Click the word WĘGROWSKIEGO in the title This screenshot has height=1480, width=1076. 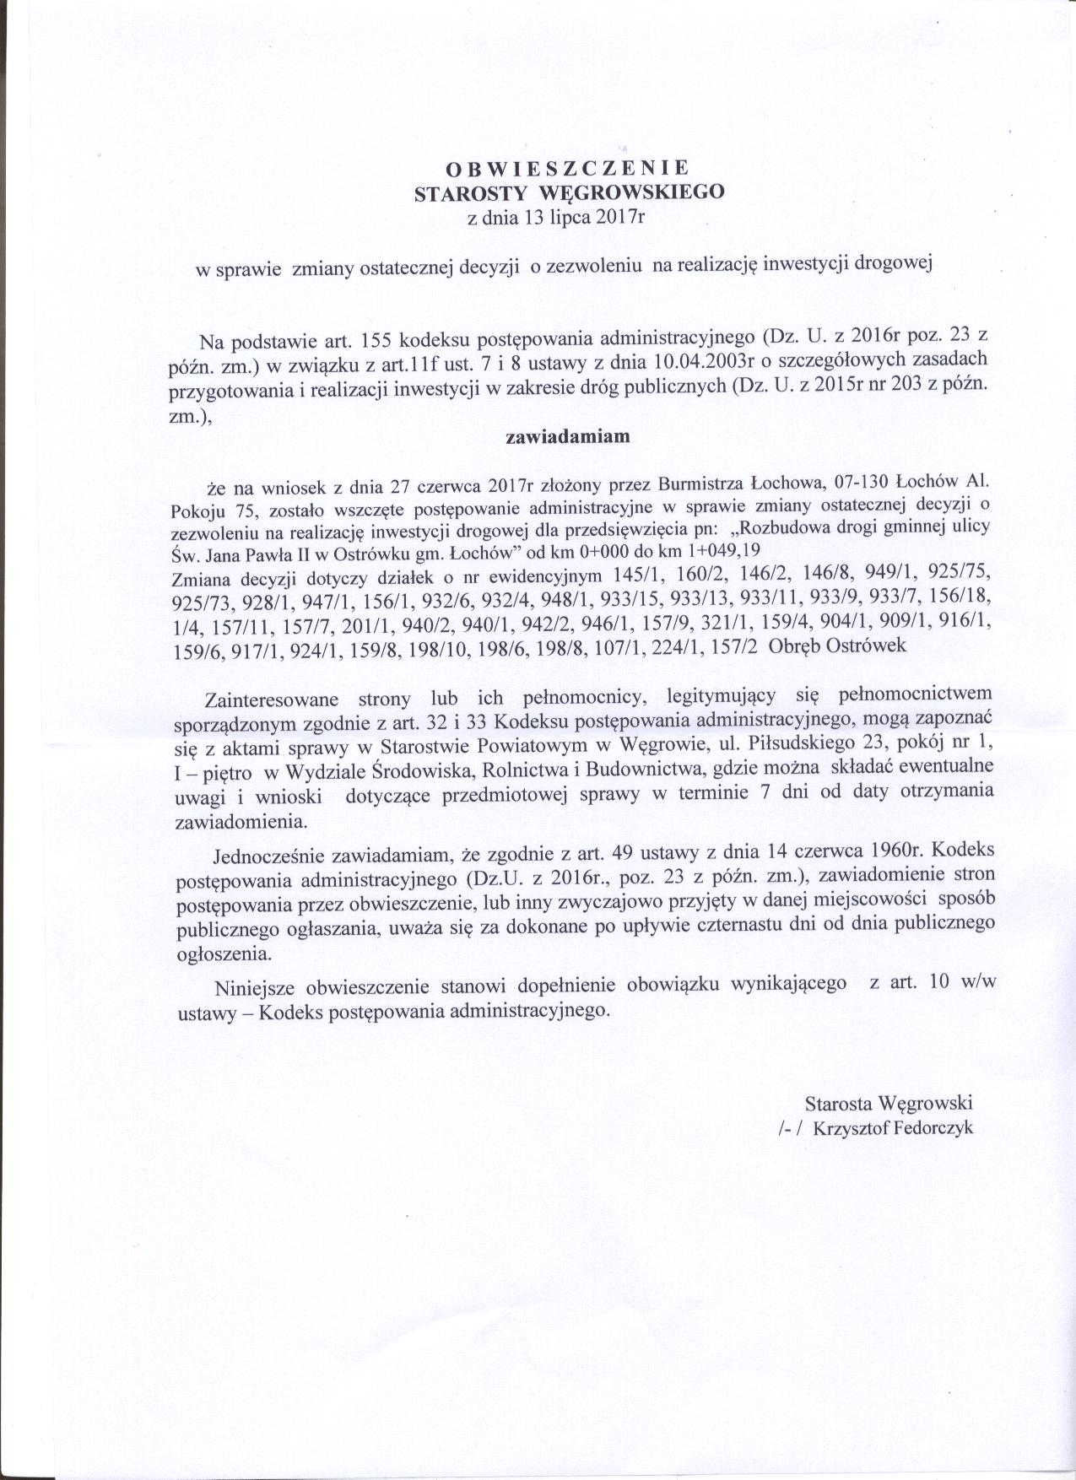point(630,192)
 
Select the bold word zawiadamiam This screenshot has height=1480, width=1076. point(568,437)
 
